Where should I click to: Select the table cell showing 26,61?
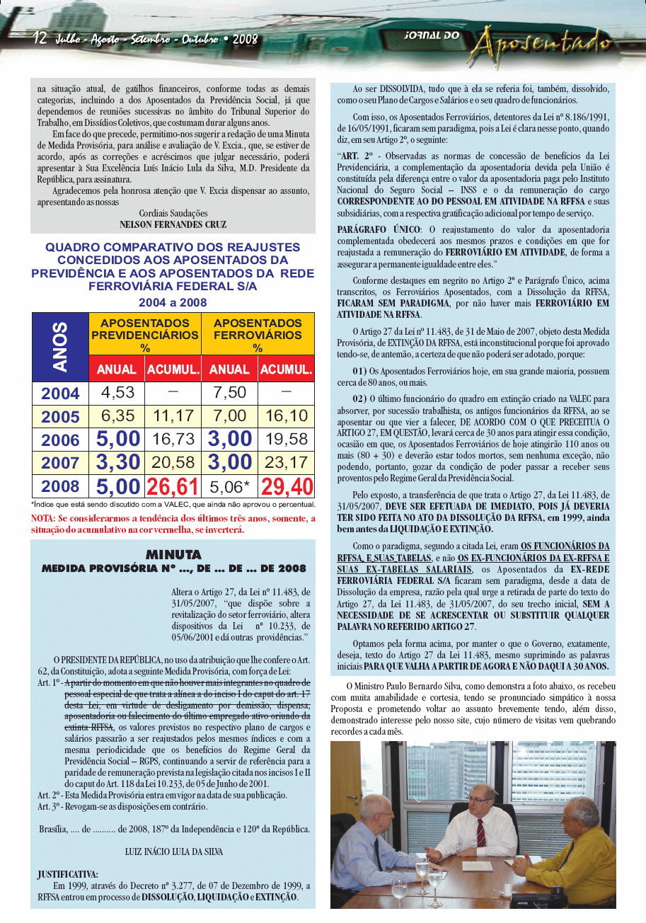[x=173, y=486]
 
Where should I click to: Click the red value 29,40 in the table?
[x=287, y=486]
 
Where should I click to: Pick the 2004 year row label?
[x=60, y=394]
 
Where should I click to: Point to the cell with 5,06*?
[x=230, y=486]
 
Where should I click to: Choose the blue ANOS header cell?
[x=60, y=347]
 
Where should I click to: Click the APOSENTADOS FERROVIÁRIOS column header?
[x=258, y=334]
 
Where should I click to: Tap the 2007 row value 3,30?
[x=117, y=463]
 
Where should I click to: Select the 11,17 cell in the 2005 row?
[x=173, y=416]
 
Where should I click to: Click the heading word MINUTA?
[x=173, y=554]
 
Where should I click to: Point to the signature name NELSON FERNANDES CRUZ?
[x=173, y=224]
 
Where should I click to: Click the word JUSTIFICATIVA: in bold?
[x=68, y=875]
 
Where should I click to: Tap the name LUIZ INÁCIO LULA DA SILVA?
[x=173, y=852]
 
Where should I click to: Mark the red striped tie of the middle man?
[x=481, y=832]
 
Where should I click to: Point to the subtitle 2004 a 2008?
[x=173, y=302]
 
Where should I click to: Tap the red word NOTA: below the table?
[x=44, y=519]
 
